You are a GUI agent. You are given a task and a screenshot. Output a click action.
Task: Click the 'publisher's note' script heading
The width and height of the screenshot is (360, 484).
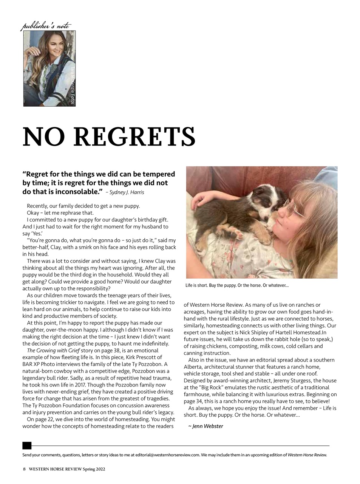click(46, 26)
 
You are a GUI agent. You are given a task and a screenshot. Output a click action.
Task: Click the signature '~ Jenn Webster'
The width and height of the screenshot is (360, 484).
click(205, 426)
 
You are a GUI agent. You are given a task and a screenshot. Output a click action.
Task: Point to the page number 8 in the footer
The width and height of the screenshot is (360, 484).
click(25, 469)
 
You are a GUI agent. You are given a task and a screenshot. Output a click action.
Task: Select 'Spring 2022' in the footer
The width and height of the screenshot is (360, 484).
click(94, 469)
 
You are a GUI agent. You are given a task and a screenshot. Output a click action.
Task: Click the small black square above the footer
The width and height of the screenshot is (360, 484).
click(27, 445)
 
